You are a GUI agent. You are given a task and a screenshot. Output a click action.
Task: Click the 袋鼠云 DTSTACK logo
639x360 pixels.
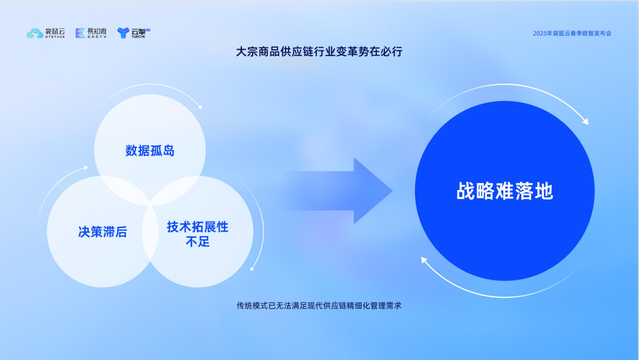(46, 33)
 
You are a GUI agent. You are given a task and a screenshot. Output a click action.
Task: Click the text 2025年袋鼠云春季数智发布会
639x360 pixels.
(572, 33)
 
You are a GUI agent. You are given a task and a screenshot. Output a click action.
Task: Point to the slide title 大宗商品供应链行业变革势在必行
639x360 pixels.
(319, 52)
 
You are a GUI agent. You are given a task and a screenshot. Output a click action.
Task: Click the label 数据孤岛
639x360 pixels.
(150, 150)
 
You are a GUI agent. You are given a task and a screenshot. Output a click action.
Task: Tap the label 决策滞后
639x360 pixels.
(102, 232)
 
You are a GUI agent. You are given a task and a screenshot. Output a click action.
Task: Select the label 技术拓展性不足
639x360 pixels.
(198, 234)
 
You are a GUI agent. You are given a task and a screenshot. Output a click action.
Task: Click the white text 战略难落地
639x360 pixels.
(505, 191)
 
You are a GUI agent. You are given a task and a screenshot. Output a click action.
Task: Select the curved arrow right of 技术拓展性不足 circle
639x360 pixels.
(258, 231)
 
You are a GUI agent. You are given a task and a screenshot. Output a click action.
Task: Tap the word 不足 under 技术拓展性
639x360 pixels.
(198, 242)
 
